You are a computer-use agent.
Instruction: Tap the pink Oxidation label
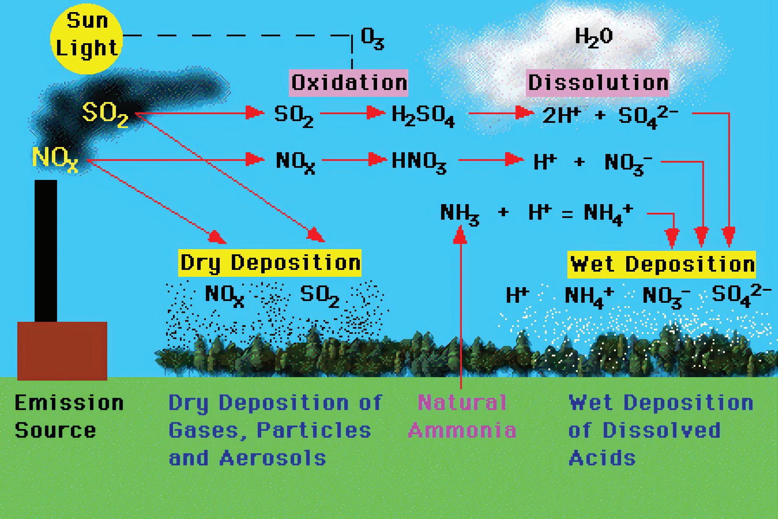349,82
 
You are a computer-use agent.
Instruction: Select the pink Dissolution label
598,82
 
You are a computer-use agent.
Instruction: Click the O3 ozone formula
372,40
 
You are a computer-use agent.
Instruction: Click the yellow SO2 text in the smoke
105,114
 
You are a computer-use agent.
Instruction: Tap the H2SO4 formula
423,116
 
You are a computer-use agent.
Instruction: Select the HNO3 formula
419,162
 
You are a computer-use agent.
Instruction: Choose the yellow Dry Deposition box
270,263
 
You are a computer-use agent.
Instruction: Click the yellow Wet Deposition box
662,264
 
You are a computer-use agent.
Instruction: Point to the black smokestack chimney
46,251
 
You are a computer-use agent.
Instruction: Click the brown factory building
62,351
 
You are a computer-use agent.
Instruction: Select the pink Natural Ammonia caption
462,416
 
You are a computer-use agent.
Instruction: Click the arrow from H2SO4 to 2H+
500,114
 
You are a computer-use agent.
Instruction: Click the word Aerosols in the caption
272,458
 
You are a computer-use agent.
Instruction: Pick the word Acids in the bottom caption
602,458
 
